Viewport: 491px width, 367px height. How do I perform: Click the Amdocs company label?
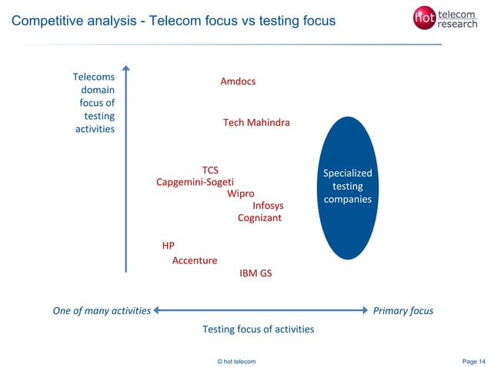(238, 81)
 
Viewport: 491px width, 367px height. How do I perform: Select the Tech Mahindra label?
(256, 123)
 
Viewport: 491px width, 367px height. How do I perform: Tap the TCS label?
(210, 170)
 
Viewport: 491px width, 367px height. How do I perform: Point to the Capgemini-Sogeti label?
(195, 182)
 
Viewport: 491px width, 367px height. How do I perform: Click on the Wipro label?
(240, 193)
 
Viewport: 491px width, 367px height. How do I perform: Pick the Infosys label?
(268, 206)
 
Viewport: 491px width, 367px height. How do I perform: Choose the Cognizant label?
(259, 218)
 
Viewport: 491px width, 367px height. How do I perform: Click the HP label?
(168, 246)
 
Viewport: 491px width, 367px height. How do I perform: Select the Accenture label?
(194, 260)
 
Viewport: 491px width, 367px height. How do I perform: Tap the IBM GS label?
(256, 273)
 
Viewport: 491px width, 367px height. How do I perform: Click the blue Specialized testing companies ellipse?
(348, 187)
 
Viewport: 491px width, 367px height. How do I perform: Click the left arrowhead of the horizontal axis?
(157, 311)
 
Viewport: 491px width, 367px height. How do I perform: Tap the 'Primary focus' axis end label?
(402, 311)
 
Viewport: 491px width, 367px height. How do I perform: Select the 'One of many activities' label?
(101, 311)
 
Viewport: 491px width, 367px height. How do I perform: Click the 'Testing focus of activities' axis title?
(258, 329)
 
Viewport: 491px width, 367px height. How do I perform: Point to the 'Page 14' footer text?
(473, 361)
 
